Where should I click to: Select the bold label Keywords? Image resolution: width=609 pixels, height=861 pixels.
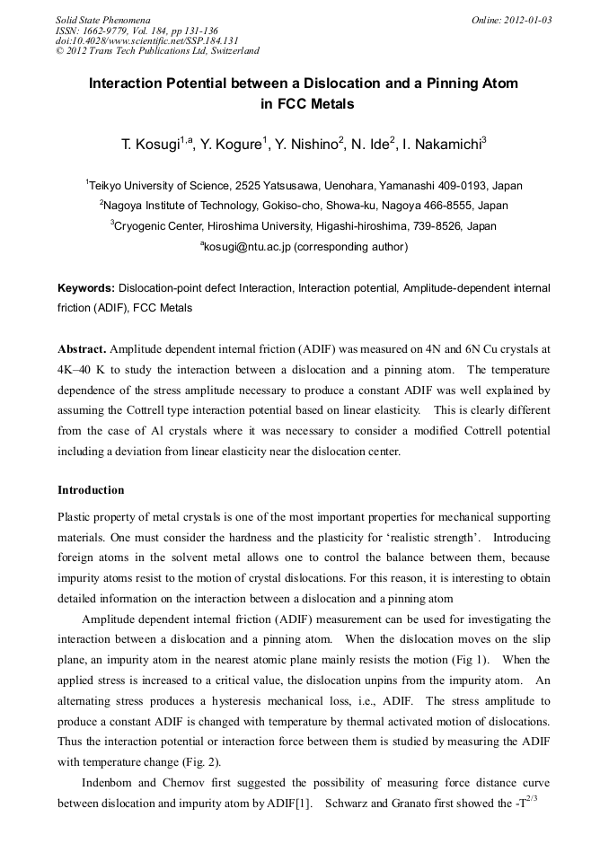86,288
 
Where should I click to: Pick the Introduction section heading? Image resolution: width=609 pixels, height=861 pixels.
91,490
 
